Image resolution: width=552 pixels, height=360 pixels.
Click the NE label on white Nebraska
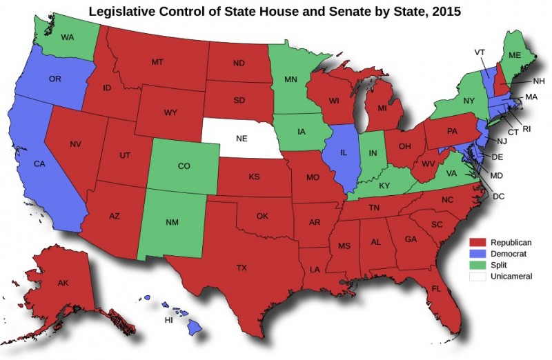click(x=241, y=138)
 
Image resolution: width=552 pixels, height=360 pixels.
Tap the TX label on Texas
click(x=241, y=268)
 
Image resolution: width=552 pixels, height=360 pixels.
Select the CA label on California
click(x=40, y=165)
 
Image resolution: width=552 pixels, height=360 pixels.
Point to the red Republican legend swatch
click(x=478, y=243)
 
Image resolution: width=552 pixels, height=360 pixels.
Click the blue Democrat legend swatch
click(x=478, y=254)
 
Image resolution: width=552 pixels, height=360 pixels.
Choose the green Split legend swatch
click(x=478, y=265)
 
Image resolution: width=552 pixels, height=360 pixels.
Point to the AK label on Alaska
click(x=63, y=283)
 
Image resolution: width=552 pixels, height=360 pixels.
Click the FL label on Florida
click(x=436, y=288)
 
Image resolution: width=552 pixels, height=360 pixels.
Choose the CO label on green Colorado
click(x=184, y=166)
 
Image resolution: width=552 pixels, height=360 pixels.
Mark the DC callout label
click(x=499, y=197)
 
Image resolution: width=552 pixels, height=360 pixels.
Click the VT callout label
click(x=480, y=52)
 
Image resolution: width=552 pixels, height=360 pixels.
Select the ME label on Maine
click(x=514, y=55)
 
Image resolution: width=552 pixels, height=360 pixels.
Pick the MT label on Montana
click(x=157, y=62)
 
